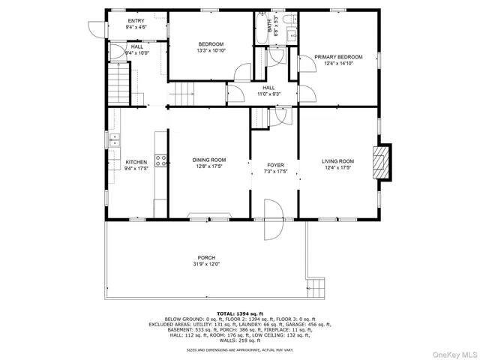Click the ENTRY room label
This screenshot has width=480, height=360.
(x=136, y=21)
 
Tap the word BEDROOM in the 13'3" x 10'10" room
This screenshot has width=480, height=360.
(x=210, y=44)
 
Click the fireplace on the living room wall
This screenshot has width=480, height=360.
(x=383, y=161)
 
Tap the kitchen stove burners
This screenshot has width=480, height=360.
(x=160, y=159)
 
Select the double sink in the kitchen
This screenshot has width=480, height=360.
(x=115, y=140)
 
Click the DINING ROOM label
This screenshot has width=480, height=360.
(x=209, y=160)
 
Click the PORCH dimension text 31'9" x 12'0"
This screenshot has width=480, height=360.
(x=207, y=264)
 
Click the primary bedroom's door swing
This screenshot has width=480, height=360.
(x=306, y=94)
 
